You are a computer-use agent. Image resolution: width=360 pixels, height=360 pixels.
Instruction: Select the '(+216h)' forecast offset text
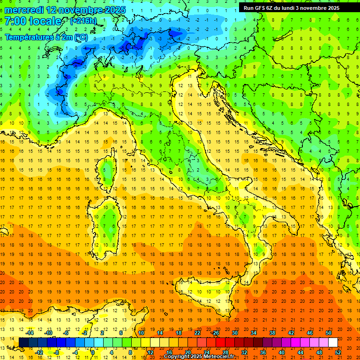click(x=83, y=21)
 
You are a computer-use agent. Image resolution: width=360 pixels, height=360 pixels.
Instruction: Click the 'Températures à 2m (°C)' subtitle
click(x=45, y=36)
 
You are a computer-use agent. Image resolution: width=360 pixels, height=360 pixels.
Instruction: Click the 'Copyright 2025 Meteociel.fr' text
click(x=199, y=357)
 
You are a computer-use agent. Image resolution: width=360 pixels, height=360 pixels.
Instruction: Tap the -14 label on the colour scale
click(x=30, y=333)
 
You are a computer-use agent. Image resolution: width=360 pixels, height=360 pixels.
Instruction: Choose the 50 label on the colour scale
click(x=328, y=333)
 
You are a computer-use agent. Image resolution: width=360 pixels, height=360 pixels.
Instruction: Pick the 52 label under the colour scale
click(x=338, y=352)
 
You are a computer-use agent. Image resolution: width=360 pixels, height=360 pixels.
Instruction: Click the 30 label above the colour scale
click(x=235, y=333)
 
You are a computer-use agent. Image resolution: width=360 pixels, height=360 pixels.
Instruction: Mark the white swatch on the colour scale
click(x=333, y=342)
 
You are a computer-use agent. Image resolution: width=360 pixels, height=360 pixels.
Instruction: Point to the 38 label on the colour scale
click(x=272, y=333)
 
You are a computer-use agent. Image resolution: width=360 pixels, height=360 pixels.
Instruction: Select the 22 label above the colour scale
click(x=197, y=333)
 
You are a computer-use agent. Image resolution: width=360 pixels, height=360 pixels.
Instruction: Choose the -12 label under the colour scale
click(x=39, y=352)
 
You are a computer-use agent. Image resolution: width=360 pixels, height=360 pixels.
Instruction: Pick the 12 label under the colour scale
click(x=150, y=352)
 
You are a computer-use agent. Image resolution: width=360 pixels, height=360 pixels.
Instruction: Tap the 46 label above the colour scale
click(x=309, y=333)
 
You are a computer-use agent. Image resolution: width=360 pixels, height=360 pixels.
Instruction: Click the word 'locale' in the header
click(x=45, y=21)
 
